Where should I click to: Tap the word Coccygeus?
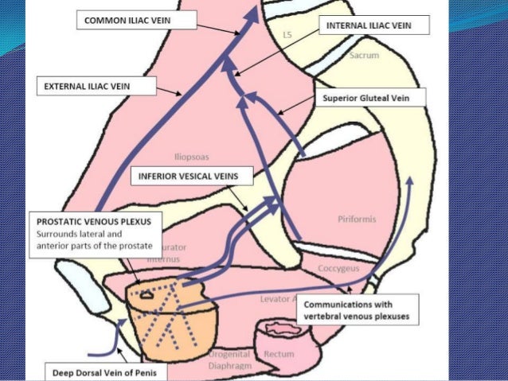[340, 269]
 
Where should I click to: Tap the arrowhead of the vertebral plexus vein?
[410, 181]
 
